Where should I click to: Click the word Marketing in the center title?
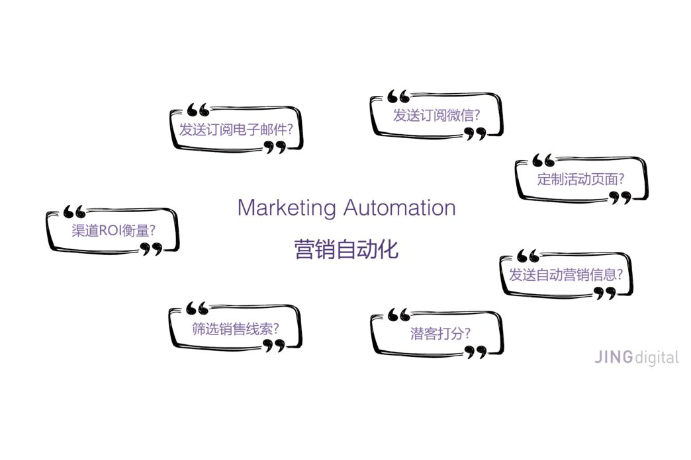click(287, 208)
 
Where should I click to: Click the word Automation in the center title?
click(399, 208)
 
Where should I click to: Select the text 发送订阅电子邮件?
click(236, 129)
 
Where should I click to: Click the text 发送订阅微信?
click(437, 115)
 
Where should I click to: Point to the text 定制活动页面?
click(581, 178)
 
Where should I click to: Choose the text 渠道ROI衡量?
click(113, 231)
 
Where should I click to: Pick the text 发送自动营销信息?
click(565, 274)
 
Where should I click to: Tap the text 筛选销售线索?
click(235, 328)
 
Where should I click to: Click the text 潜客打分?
click(440, 333)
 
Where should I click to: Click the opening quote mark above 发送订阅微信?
click(398, 96)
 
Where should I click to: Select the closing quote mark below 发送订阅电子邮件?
click(275, 147)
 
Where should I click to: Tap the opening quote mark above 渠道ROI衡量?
click(75, 211)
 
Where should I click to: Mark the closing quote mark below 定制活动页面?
click(620, 197)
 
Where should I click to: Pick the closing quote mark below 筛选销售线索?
click(274, 346)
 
